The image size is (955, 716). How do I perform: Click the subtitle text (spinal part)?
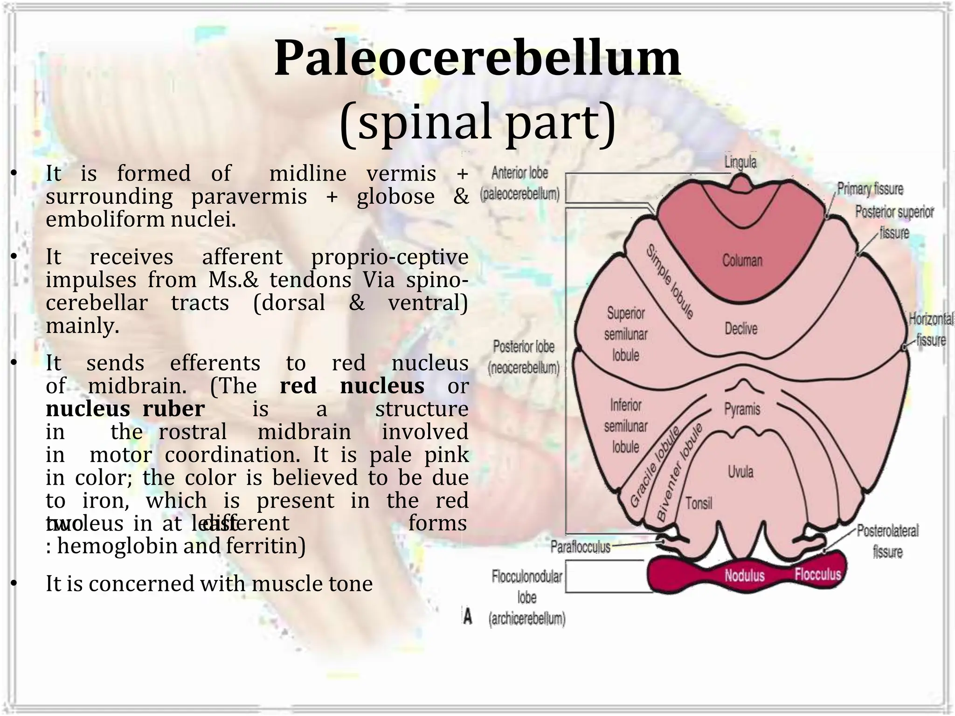pos(477,122)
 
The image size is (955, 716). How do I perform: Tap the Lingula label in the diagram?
pos(740,162)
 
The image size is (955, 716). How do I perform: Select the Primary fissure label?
pos(870,189)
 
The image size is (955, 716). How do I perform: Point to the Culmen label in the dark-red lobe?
pos(742,260)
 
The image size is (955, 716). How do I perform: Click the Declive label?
pos(740,329)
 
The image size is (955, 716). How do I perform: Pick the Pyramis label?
pos(741,409)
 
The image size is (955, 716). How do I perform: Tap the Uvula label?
pos(740,472)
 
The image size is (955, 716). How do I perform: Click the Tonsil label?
pos(699,503)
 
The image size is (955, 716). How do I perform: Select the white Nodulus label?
pos(744,575)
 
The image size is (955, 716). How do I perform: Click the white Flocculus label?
pos(817,574)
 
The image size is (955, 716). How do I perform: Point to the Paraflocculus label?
pos(580,547)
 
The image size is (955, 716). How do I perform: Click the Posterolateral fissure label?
pos(887,541)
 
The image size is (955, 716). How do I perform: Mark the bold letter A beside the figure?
pos(467,616)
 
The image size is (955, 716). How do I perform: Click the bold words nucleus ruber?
pos(125,409)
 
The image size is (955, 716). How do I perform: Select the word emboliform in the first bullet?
pos(104,220)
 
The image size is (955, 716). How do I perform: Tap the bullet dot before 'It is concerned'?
pos(14,584)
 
